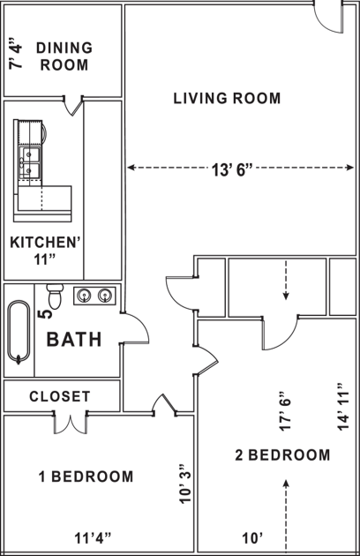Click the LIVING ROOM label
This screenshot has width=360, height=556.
coord(227,98)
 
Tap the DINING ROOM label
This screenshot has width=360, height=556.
coord(63,56)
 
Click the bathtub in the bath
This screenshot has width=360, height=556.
coord(19,332)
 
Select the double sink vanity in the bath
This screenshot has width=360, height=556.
coord(94,295)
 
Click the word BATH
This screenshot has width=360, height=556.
coord(73,339)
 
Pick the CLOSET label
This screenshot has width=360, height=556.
coord(59,396)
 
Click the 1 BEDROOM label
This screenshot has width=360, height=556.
coord(86,477)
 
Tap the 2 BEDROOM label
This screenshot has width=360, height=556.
coord(282,455)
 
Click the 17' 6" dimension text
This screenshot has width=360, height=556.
coord(283,410)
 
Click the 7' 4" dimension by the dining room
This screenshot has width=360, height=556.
coord(13,53)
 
